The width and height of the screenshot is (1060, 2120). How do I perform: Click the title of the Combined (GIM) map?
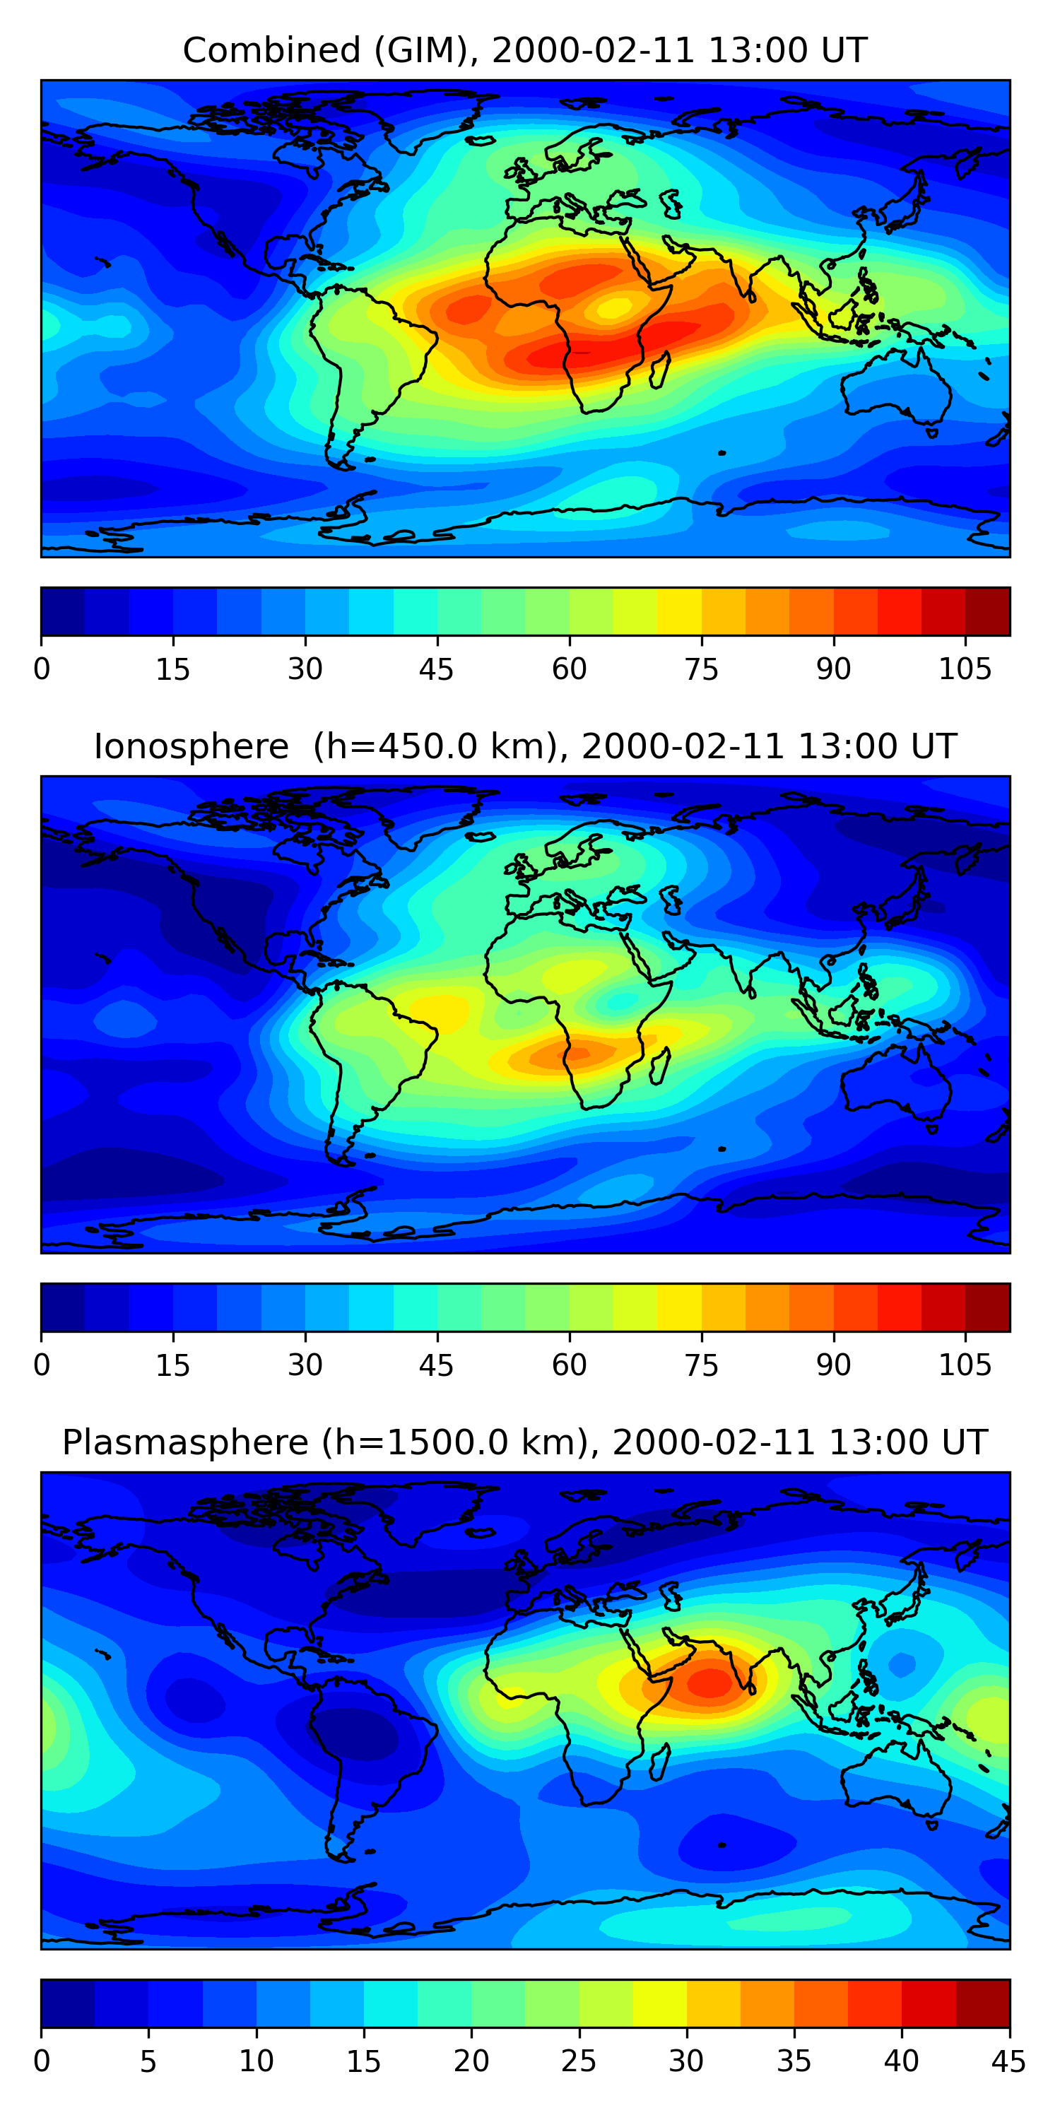524,50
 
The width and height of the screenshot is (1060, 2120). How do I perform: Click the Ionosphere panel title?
524,746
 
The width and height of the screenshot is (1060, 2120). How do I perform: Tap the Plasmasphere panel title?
524,1443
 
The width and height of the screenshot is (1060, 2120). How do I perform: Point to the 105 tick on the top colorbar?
965,669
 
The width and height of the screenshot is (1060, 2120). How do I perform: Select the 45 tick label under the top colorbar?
436,669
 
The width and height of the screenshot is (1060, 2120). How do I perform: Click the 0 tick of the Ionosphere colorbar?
42,1365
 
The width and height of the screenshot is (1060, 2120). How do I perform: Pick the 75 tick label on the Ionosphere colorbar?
701,1365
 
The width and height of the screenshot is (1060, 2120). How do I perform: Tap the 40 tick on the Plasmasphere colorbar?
901,2061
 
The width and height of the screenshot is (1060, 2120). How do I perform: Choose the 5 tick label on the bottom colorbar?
148,2061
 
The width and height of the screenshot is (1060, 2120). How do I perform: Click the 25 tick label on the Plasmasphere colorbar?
579,2061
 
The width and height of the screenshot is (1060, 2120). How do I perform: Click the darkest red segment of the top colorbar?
988,611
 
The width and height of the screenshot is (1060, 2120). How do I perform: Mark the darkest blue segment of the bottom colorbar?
67,2003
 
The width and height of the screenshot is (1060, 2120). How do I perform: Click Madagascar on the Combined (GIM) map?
659,370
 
